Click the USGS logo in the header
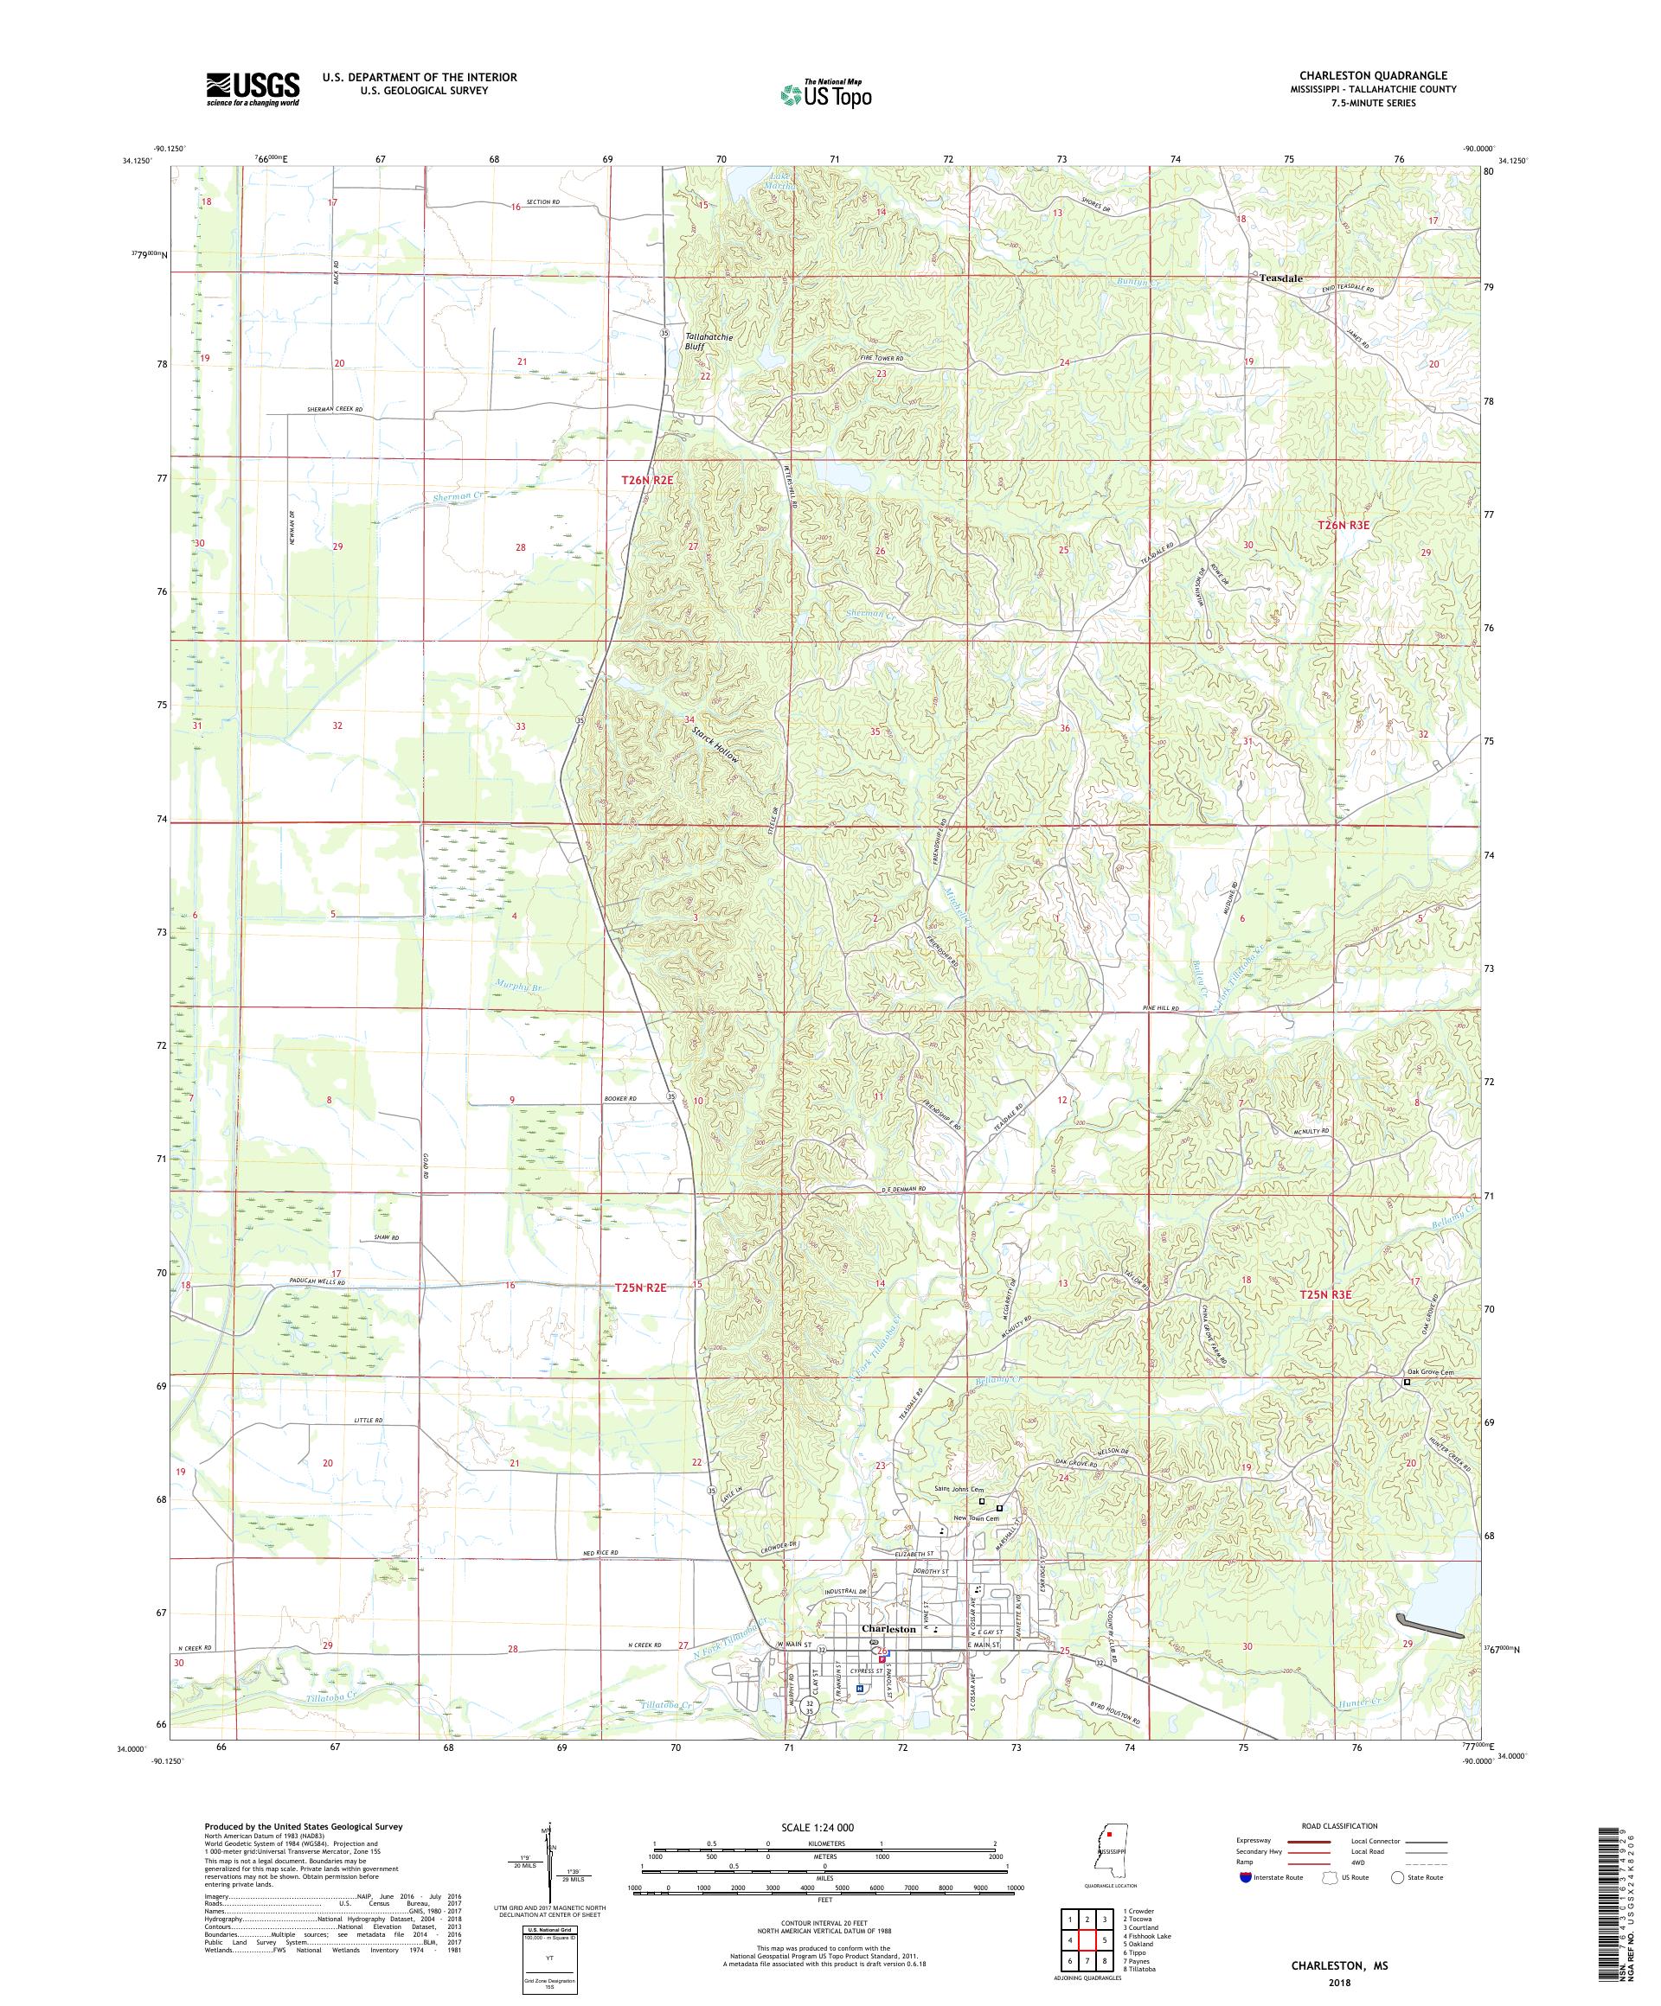pos(253,90)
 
